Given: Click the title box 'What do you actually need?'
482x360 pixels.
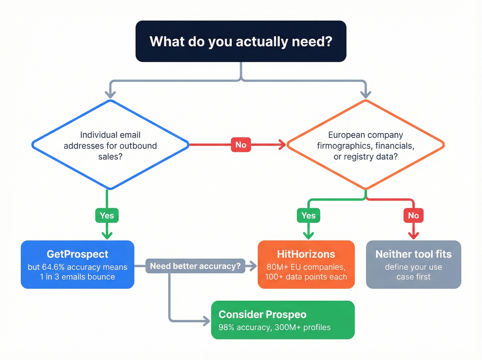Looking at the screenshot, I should coord(241,41).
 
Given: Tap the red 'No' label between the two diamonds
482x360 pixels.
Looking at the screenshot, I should coord(241,145).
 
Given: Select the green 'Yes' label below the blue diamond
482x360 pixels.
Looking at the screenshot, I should coord(107,216).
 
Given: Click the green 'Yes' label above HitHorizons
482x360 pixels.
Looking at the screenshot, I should coord(308,216).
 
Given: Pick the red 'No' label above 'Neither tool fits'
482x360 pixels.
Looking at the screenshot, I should coord(413,216).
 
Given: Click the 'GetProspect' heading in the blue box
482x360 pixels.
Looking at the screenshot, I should coord(77,254).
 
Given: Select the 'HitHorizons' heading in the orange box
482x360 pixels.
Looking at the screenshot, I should coord(306,254).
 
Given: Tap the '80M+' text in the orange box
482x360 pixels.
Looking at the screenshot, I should coord(277,267).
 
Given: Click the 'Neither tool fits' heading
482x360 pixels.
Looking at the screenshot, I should coord(413,254).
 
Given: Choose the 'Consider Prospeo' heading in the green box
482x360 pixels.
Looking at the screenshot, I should coord(262,315).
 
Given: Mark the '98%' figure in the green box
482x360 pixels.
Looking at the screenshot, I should coord(226,327).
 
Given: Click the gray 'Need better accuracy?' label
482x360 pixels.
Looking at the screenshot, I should coord(195,266).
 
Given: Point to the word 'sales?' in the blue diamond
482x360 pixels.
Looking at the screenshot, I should coord(110,157).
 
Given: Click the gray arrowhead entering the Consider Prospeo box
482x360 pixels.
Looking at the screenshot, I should coord(207,321).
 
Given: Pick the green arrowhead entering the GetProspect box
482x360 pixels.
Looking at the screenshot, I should coord(107,236).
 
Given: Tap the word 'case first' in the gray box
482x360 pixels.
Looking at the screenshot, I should coord(413,277).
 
